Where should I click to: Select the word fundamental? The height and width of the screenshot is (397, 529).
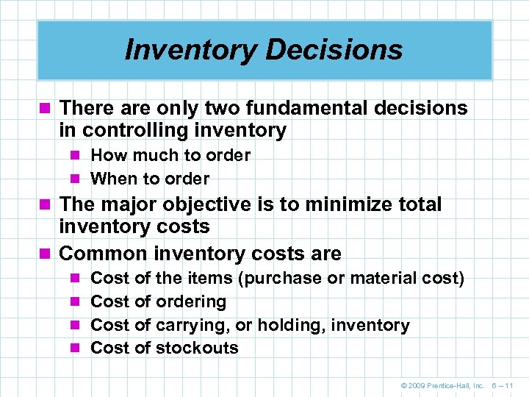tap(309, 108)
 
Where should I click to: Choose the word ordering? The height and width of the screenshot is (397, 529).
tap(191, 302)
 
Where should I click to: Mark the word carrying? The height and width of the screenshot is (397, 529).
tap(190, 325)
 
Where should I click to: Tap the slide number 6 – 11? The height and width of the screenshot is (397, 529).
tap(506, 385)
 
